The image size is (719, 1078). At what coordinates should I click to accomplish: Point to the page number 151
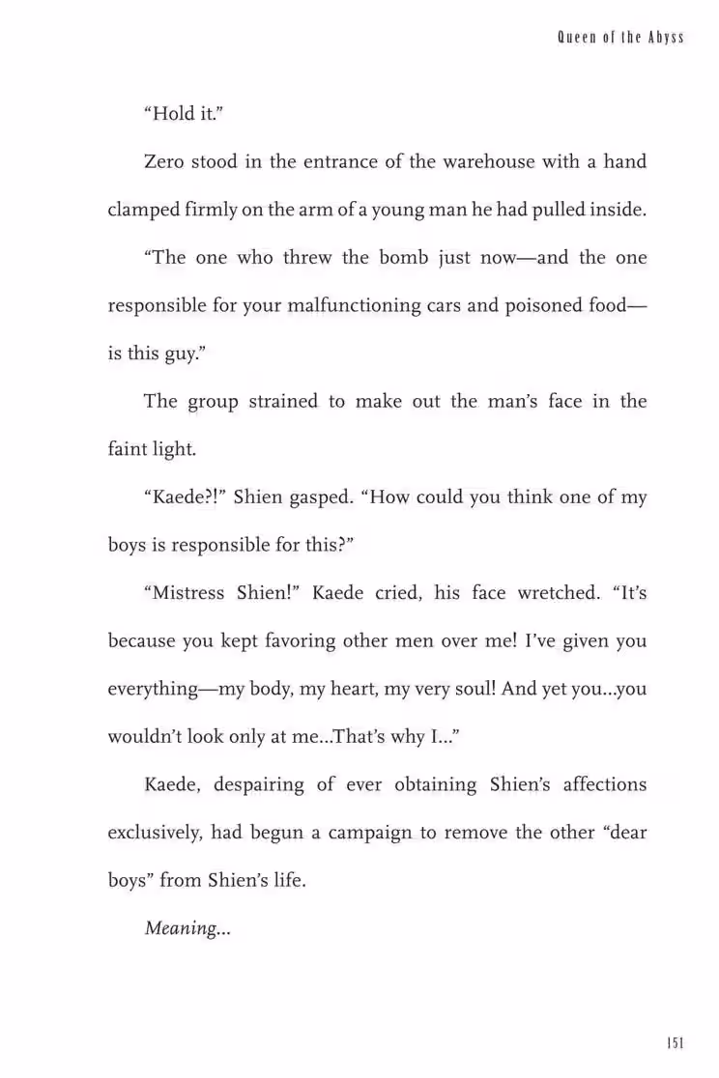[675, 1042]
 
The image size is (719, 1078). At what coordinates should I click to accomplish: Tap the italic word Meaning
[180, 928]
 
